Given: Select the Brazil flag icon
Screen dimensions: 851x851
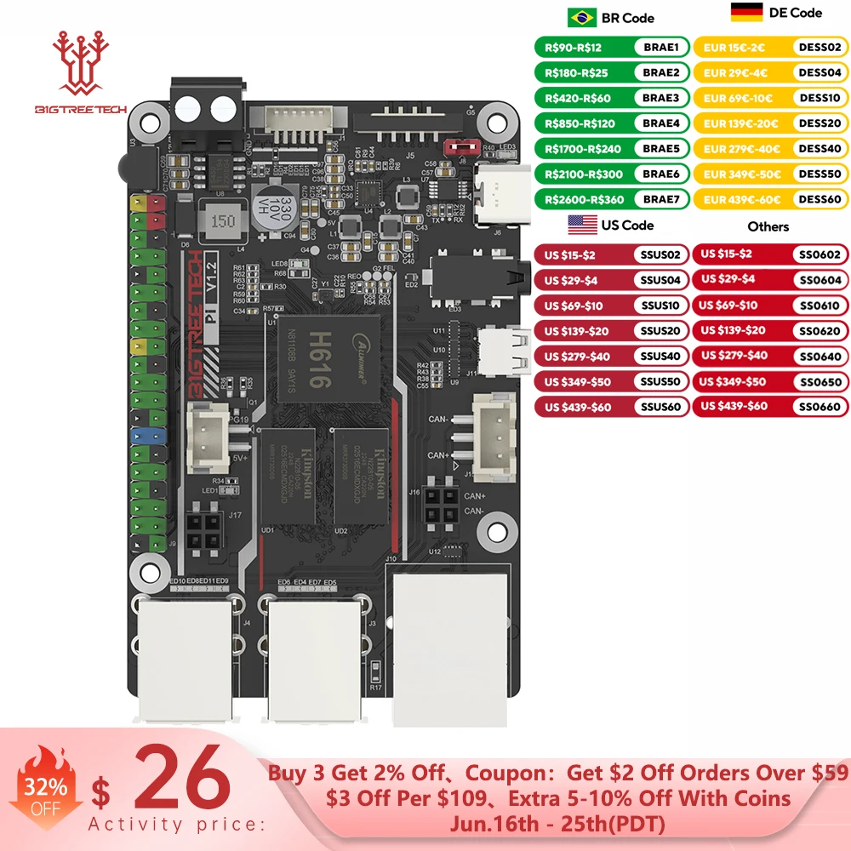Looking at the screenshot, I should (582, 17).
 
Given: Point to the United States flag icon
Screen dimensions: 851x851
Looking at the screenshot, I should (582, 225).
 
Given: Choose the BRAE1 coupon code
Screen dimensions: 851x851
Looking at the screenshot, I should (660, 48).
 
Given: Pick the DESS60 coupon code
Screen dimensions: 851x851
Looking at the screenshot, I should (820, 200).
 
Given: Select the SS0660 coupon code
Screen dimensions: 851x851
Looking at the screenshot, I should (820, 407).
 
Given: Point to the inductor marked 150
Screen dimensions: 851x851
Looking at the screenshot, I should (223, 221).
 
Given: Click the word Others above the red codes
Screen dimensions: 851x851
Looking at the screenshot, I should (768, 226).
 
